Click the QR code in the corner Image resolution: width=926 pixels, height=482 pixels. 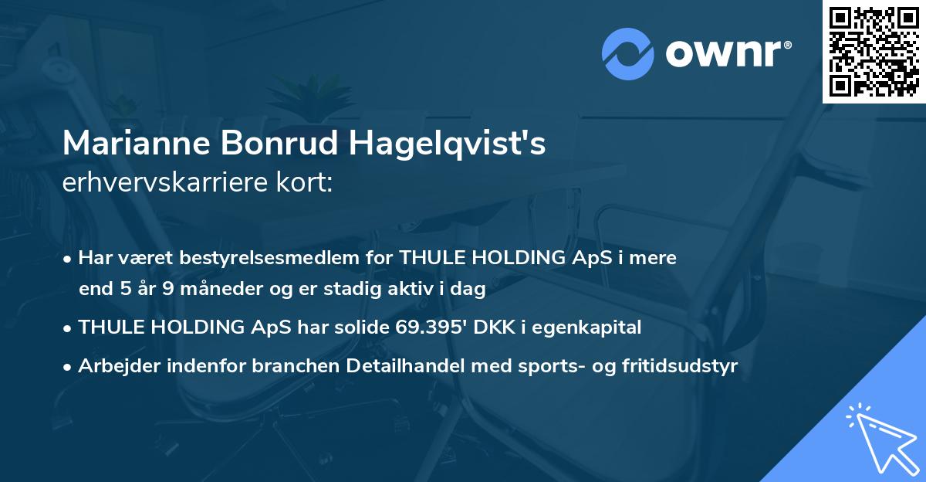click(x=874, y=51)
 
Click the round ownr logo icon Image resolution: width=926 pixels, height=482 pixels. click(x=627, y=54)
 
